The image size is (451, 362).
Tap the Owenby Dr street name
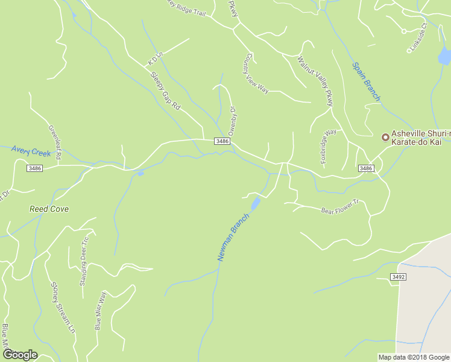232,121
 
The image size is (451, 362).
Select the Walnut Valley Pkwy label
315,81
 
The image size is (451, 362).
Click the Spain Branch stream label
366,81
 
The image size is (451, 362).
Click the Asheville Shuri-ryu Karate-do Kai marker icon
385,137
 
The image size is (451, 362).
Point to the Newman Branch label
233,237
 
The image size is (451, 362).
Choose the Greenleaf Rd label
54,142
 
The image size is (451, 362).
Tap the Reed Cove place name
49,209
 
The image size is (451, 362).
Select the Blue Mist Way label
100,311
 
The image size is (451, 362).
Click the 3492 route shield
398,277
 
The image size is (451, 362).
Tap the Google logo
20,355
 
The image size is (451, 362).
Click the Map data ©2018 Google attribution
413,357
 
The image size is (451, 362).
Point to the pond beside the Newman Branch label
255,203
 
